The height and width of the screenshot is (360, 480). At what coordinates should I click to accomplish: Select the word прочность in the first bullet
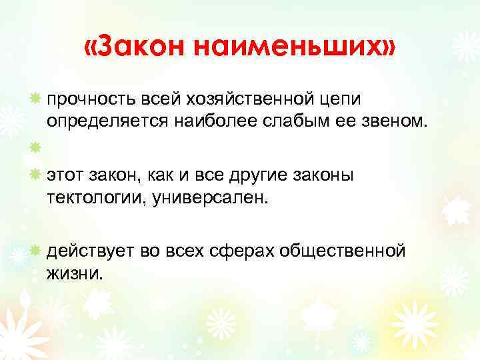click(91, 99)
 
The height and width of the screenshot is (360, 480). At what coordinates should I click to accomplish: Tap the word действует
click(89, 251)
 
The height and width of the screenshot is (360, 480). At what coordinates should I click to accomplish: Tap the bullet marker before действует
click(34, 250)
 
